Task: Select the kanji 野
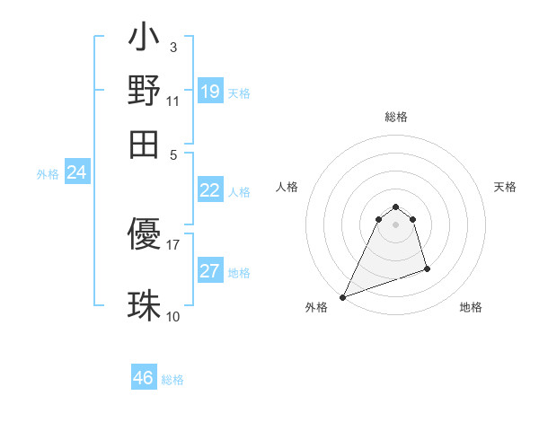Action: (x=144, y=91)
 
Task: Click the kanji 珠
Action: (x=144, y=304)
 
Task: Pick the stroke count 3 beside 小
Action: (x=172, y=48)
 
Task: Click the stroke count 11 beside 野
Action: (x=172, y=101)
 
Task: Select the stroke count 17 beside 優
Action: (x=172, y=243)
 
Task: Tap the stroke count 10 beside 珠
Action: (x=172, y=316)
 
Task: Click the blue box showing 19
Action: (x=210, y=92)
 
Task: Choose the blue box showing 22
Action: (x=210, y=190)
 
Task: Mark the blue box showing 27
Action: (x=210, y=271)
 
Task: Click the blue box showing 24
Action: (x=77, y=173)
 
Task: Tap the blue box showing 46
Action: (x=144, y=378)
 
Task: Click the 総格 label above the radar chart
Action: (x=395, y=118)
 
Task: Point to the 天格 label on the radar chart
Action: (x=505, y=187)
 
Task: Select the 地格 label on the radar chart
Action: (x=471, y=307)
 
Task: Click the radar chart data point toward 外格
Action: (x=342, y=297)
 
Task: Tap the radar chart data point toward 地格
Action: (x=427, y=268)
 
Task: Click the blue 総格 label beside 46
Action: (x=172, y=380)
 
